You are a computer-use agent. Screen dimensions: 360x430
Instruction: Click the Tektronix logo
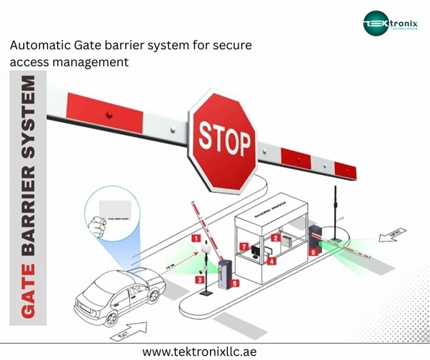387,24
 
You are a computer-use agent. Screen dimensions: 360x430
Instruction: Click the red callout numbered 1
195,237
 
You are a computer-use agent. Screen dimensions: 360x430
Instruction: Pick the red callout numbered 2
276,237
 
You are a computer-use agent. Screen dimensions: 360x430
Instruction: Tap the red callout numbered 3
199,280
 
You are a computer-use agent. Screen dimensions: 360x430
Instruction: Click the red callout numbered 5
235,283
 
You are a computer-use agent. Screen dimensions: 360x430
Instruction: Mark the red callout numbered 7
244,247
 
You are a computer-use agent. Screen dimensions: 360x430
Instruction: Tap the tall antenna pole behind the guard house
334,207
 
